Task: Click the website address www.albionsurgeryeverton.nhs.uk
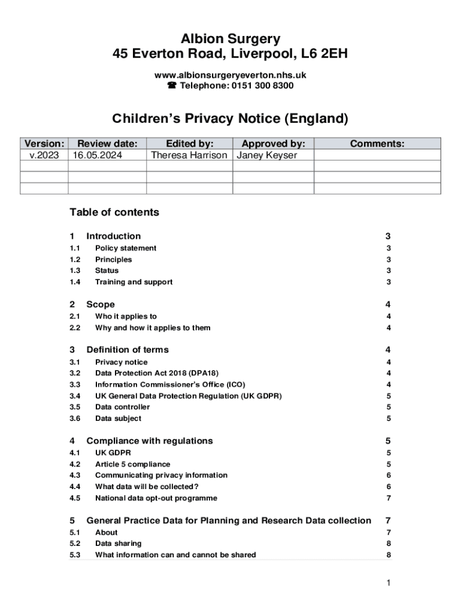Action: (230, 75)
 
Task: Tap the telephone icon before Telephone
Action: (171, 86)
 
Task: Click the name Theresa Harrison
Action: (189, 156)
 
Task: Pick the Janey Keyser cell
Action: (268, 156)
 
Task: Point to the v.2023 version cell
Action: (44, 156)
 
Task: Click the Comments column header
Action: (377, 144)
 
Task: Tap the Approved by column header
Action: (273, 144)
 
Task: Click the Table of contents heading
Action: (114, 213)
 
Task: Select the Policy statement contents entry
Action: (126, 248)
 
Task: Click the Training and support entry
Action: (134, 282)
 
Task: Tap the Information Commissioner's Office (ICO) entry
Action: (170, 384)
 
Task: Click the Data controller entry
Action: (122, 407)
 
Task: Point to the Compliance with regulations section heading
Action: (150, 441)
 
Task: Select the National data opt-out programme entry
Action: (156, 498)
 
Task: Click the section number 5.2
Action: (75, 544)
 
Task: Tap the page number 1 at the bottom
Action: (389, 583)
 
